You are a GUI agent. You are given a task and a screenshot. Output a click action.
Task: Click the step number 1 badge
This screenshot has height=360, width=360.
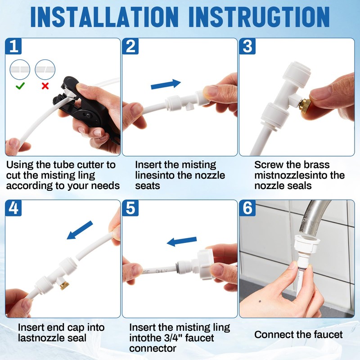click(13, 46)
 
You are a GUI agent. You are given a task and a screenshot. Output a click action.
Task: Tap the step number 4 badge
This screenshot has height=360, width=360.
click(13, 208)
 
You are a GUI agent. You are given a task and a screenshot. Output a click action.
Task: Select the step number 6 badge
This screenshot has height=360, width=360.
click(247, 208)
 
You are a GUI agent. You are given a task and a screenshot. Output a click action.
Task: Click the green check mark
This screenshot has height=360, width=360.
click(20, 86)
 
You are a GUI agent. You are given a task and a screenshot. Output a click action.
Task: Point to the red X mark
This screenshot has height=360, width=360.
click(45, 86)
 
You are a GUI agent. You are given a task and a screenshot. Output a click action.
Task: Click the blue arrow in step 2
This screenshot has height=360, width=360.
click(166, 84)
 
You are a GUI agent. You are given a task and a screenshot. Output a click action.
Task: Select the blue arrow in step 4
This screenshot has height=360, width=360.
click(80, 230)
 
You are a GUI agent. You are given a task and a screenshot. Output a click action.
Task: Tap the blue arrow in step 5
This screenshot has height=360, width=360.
click(182, 241)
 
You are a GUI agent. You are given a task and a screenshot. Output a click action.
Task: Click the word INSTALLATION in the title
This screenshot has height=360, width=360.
click(104, 17)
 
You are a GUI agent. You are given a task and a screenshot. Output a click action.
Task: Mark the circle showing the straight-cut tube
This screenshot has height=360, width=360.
click(20, 70)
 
